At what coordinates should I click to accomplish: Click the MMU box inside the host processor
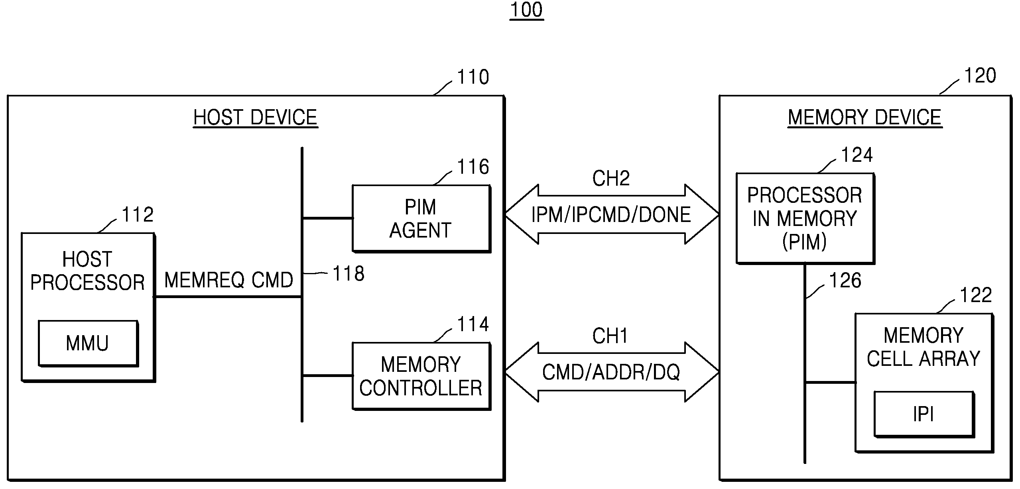click(x=88, y=343)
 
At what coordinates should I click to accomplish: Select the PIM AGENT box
click(x=421, y=218)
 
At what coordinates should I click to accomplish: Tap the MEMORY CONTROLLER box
click(x=421, y=376)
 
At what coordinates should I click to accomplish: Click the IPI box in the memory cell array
click(x=924, y=414)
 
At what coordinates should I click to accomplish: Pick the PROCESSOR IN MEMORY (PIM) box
click(x=805, y=218)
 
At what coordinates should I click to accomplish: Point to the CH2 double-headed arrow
click(x=612, y=214)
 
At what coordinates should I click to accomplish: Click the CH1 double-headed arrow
click(x=612, y=372)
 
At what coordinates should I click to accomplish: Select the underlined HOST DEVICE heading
click(x=255, y=118)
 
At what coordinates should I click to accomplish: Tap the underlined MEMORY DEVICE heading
click(x=865, y=118)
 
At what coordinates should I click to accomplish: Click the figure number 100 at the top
click(x=527, y=10)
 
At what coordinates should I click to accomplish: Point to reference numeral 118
click(x=349, y=274)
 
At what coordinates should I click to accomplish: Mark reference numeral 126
click(x=845, y=281)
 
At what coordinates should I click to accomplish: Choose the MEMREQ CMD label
click(x=228, y=280)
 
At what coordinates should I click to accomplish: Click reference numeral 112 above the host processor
click(x=138, y=215)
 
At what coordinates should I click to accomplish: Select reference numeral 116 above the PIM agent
click(x=473, y=167)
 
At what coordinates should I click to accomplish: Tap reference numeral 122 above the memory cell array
click(x=976, y=295)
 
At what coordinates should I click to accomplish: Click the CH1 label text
click(x=610, y=336)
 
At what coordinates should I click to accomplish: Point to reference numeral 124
click(x=857, y=155)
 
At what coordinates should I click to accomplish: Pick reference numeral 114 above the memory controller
click(x=473, y=324)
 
